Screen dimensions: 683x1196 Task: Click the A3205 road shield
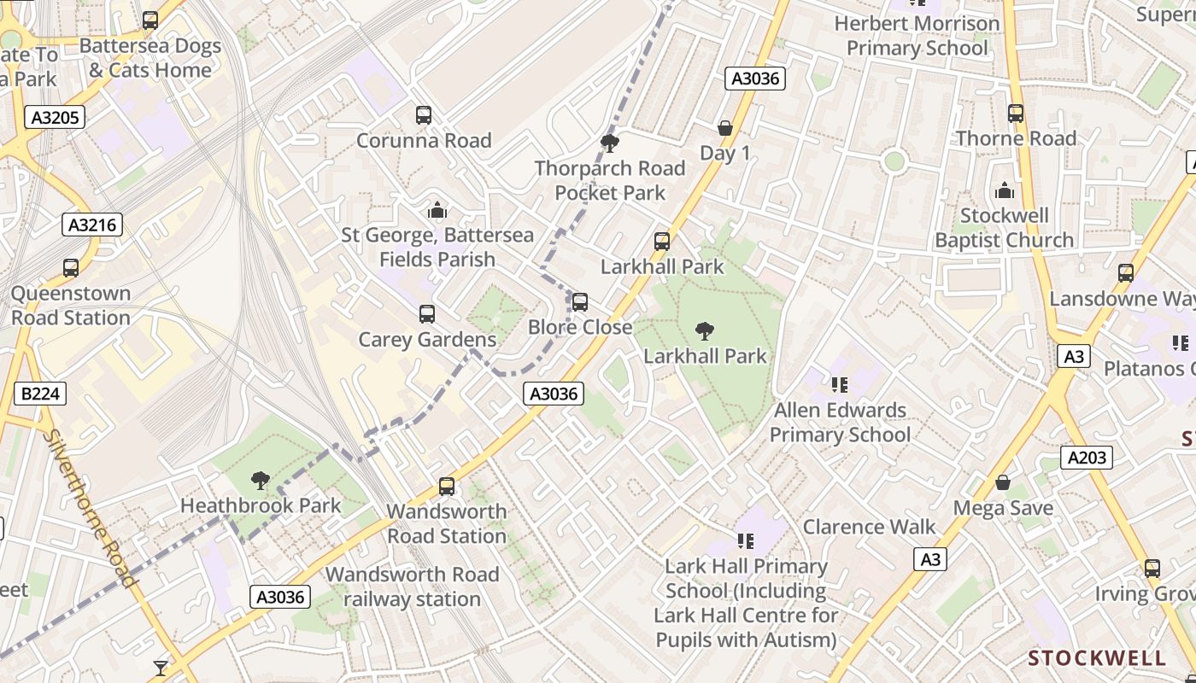click(55, 117)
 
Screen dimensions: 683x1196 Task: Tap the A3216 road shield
click(92, 225)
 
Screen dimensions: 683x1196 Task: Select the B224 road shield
click(40, 394)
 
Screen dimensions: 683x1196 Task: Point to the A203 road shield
click(1088, 458)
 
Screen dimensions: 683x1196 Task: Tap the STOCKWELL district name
click(1097, 658)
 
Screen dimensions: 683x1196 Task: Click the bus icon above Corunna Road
click(424, 114)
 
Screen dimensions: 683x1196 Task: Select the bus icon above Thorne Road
click(1016, 113)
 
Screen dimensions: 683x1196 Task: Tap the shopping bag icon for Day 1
click(725, 128)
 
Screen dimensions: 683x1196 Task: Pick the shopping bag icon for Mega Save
click(1003, 483)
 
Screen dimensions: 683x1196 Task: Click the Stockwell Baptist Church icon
click(1005, 190)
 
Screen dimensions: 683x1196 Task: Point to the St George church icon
click(437, 209)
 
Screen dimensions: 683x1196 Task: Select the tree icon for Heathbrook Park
click(261, 481)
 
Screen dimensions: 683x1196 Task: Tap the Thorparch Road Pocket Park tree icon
click(610, 143)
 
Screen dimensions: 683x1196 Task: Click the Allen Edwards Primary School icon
click(840, 385)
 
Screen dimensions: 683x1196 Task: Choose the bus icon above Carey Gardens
click(427, 314)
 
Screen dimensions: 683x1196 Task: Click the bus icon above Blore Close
click(580, 301)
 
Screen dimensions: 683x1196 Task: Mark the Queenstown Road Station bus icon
click(71, 268)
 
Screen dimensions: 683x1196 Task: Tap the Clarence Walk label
click(869, 527)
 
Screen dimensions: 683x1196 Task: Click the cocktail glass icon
click(161, 668)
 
